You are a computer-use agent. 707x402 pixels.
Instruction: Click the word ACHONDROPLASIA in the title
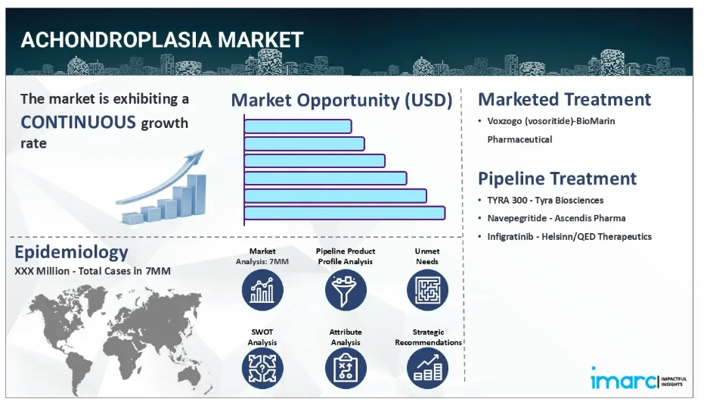click(116, 40)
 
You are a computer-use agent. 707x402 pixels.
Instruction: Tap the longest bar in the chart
click(345, 213)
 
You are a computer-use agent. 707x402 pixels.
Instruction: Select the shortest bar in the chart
click(298, 126)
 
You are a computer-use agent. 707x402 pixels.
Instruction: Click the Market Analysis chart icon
click(262, 290)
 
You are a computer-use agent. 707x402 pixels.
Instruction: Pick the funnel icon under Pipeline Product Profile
click(346, 290)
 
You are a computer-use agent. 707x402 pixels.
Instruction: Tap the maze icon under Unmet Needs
click(427, 290)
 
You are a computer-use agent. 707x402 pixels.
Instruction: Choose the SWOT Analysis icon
click(262, 368)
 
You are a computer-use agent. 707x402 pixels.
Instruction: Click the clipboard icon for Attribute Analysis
click(346, 368)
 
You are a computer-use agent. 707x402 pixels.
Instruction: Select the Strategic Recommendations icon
click(427, 368)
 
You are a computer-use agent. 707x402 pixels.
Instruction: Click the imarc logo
click(638, 379)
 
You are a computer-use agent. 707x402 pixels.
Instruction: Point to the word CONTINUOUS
click(78, 122)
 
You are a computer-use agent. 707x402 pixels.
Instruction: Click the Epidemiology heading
click(71, 252)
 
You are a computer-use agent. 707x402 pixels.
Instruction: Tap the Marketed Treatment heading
click(565, 99)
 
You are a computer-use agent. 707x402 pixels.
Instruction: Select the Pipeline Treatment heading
click(557, 179)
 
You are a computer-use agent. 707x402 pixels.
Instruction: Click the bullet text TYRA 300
click(507, 200)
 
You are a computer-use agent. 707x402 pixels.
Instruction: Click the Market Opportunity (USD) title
click(342, 100)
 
